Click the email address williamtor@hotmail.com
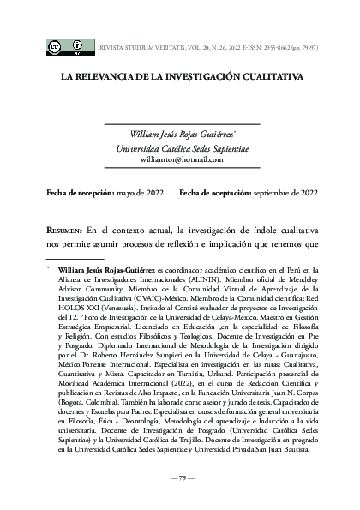(188, 159)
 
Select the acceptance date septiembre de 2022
(286, 194)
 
